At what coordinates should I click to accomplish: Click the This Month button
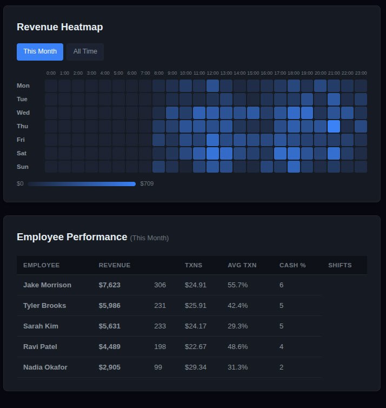tap(40, 51)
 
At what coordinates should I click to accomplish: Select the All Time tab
tap(85, 51)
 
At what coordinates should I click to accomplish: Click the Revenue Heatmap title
tap(59, 27)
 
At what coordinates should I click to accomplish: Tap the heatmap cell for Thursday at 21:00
tap(334, 126)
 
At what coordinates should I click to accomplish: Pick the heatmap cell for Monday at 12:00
tap(212, 85)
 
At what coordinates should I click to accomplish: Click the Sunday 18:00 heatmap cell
tap(294, 167)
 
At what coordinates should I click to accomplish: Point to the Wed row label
tap(23, 113)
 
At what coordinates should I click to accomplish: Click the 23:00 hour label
tap(361, 73)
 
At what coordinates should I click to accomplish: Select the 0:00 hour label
tap(51, 73)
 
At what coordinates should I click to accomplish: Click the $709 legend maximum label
tap(147, 184)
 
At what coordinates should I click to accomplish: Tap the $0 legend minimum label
tap(20, 184)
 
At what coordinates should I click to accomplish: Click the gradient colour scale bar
tap(82, 184)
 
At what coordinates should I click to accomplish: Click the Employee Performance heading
tap(72, 237)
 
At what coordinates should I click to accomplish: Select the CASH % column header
tap(292, 265)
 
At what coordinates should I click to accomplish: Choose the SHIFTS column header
tap(340, 265)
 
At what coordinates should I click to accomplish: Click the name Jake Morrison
tap(47, 285)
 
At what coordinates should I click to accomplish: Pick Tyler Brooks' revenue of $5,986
tap(110, 305)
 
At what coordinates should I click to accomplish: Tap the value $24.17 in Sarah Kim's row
tap(196, 326)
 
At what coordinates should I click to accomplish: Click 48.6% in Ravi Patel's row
tap(238, 346)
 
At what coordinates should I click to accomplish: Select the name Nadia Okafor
tap(45, 367)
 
